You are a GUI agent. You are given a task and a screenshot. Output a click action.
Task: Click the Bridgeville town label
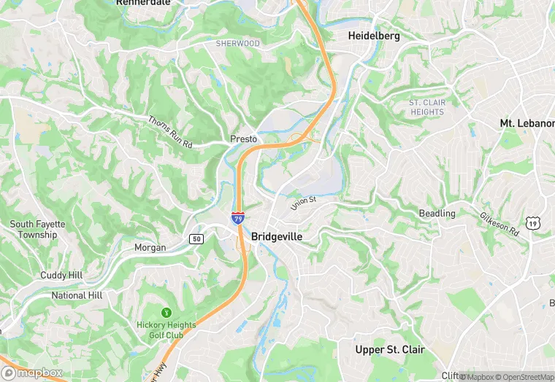point(277,237)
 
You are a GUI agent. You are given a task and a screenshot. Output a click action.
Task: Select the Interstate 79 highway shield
point(238,218)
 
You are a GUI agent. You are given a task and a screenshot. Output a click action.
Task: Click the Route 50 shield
point(196,238)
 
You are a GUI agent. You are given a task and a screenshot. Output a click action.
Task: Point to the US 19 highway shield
point(535,223)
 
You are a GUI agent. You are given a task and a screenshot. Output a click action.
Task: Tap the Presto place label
point(243,139)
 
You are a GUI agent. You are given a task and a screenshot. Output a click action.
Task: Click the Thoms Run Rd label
point(170,133)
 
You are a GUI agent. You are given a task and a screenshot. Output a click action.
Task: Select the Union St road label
point(302,203)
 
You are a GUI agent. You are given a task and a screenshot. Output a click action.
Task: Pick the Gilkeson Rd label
point(499,224)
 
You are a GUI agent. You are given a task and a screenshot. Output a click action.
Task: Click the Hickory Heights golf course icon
point(166,313)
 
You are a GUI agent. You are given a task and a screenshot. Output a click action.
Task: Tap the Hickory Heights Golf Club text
point(166,330)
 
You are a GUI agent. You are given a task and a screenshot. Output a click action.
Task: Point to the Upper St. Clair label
point(389,350)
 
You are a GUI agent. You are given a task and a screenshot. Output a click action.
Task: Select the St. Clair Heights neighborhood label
point(427,107)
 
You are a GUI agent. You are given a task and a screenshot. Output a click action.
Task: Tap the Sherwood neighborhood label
point(237,44)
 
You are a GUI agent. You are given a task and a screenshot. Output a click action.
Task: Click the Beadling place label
point(437,214)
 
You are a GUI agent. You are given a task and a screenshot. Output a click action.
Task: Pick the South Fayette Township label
point(38,230)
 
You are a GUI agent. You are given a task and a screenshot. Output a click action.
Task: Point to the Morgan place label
point(150,248)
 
